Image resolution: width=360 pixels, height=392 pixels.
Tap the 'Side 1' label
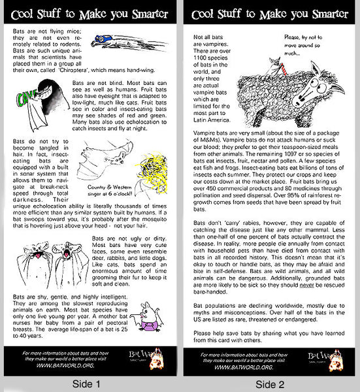(x=89, y=384)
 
